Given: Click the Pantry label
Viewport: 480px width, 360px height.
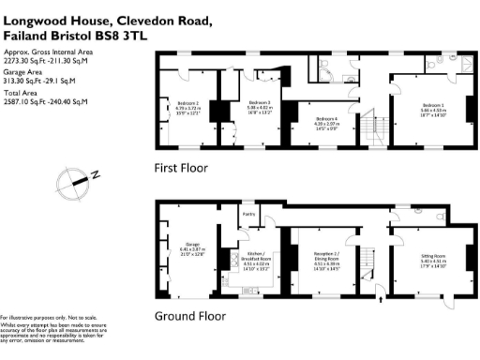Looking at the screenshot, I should coord(249,216).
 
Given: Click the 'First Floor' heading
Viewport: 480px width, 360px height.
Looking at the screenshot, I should coord(181,169).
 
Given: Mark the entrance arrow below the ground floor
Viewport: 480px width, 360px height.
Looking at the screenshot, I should coord(381,303).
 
